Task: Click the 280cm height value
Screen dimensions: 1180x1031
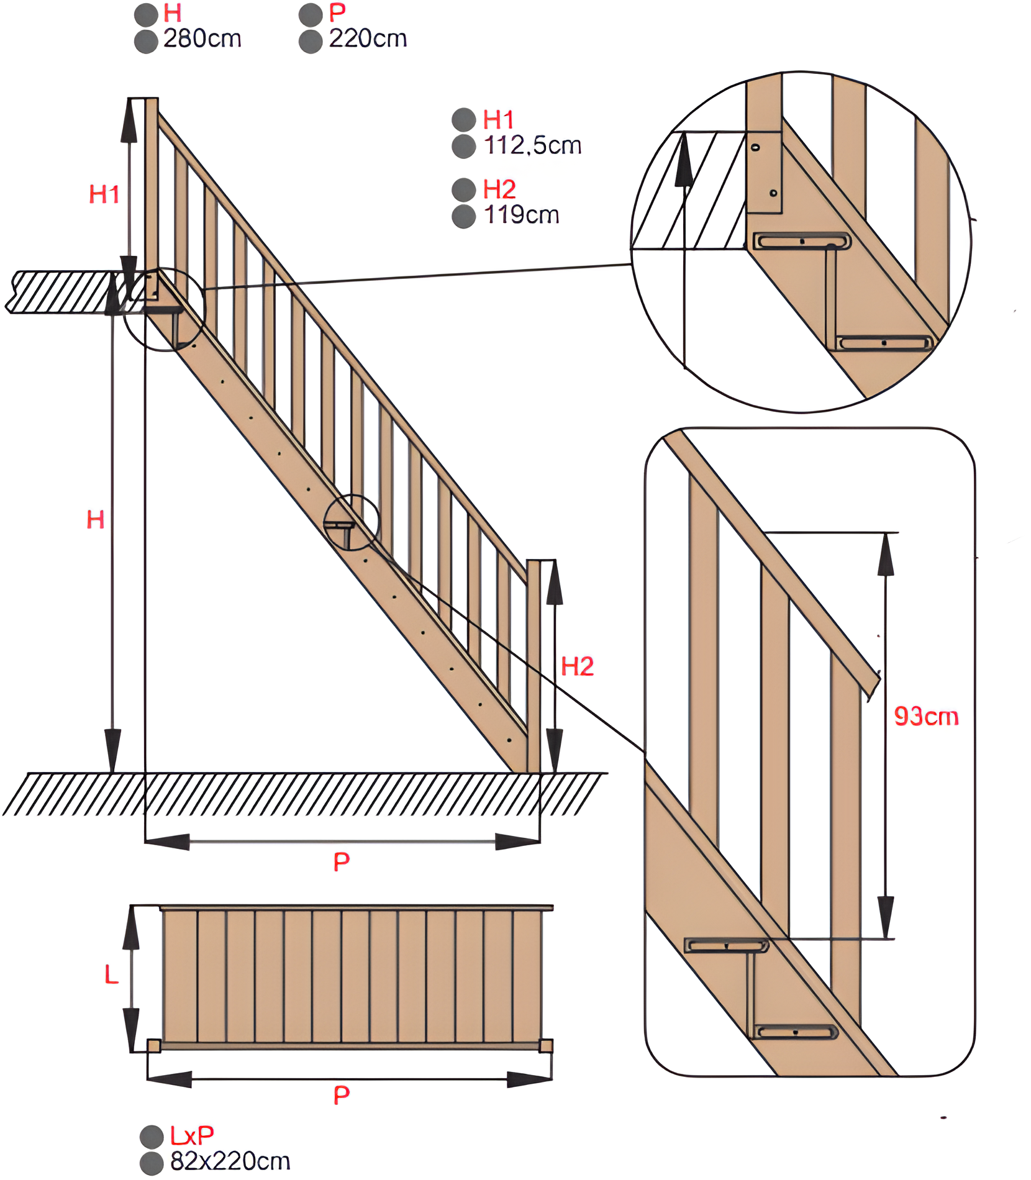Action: [202, 39]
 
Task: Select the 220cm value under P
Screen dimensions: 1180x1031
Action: [368, 39]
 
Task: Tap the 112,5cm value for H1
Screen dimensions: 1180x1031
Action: [532, 146]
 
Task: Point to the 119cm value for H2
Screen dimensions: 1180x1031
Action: [521, 216]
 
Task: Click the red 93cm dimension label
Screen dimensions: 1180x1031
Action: [925, 717]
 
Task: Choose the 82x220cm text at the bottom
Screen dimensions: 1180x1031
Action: [230, 1161]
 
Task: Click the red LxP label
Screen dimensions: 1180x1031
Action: [192, 1136]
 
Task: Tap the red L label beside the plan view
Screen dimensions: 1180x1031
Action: [111, 974]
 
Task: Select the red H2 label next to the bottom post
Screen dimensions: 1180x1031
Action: [577, 666]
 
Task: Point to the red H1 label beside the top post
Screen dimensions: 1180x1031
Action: [104, 194]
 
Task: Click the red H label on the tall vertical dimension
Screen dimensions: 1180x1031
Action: [95, 519]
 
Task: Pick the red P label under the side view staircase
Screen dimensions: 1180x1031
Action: [341, 861]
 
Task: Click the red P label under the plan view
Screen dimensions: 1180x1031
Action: [341, 1095]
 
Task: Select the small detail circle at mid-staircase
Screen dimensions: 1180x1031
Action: [351, 522]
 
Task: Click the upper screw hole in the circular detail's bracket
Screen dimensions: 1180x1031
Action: [755, 148]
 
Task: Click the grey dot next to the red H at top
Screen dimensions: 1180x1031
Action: [146, 14]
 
